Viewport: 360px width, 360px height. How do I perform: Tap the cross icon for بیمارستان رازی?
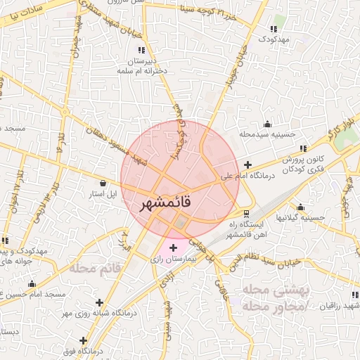coord(174,247)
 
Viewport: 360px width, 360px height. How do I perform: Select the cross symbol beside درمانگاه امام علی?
coord(247,165)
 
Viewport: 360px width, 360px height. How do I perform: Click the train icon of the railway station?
coord(245,213)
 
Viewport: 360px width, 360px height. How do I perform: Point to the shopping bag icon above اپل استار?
coord(103,182)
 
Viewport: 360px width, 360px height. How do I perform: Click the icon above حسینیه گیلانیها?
coord(300,207)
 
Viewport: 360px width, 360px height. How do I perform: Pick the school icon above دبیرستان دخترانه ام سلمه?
coord(141,50)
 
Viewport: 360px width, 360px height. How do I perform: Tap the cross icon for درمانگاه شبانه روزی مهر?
coord(100,302)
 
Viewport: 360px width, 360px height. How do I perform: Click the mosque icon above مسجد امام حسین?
coord(32,284)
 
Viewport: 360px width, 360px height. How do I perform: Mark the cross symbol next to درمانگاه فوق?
coord(84,340)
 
